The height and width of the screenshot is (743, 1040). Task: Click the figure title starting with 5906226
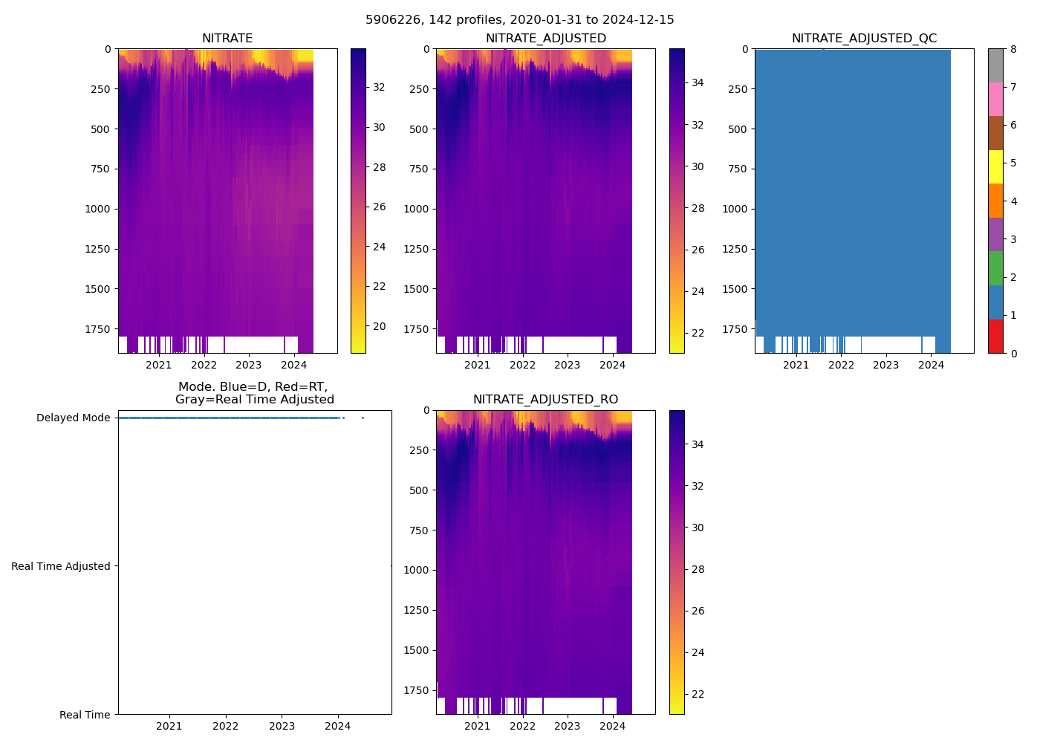tap(519, 20)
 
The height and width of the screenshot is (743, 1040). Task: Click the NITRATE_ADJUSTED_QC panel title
tap(864, 39)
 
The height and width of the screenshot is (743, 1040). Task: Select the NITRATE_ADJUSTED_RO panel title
tap(545, 400)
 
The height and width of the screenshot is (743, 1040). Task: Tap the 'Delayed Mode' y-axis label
tap(73, 418)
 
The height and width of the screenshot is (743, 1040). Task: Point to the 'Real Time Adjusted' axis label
tap(60, 566)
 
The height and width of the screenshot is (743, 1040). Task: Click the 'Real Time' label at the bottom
tap(85, 715)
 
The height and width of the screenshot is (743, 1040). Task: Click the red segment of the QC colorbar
tap(995, 336)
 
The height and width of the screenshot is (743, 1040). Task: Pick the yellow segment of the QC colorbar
tap(995, 166)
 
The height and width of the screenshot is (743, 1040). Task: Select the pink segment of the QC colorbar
tap(995, 99)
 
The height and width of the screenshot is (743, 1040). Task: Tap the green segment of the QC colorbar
tap(995, 268)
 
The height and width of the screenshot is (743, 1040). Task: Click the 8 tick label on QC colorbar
tap(1013, 49)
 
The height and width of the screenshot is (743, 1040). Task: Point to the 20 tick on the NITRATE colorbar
tap(379, 326)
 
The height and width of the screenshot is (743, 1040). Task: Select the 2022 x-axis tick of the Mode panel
tap(226, 726)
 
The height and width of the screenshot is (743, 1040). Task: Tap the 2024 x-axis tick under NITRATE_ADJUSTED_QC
tap(931, 365)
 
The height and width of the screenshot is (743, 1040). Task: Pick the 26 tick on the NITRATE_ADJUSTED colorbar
tap(698, 250)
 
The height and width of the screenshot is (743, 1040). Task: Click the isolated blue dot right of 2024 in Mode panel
tap(363, 418)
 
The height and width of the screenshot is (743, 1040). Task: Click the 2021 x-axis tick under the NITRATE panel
tap(159, 365)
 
